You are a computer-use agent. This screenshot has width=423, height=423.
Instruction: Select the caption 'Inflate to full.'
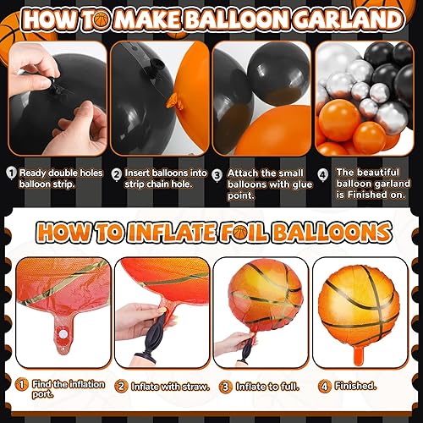[266, 386]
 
